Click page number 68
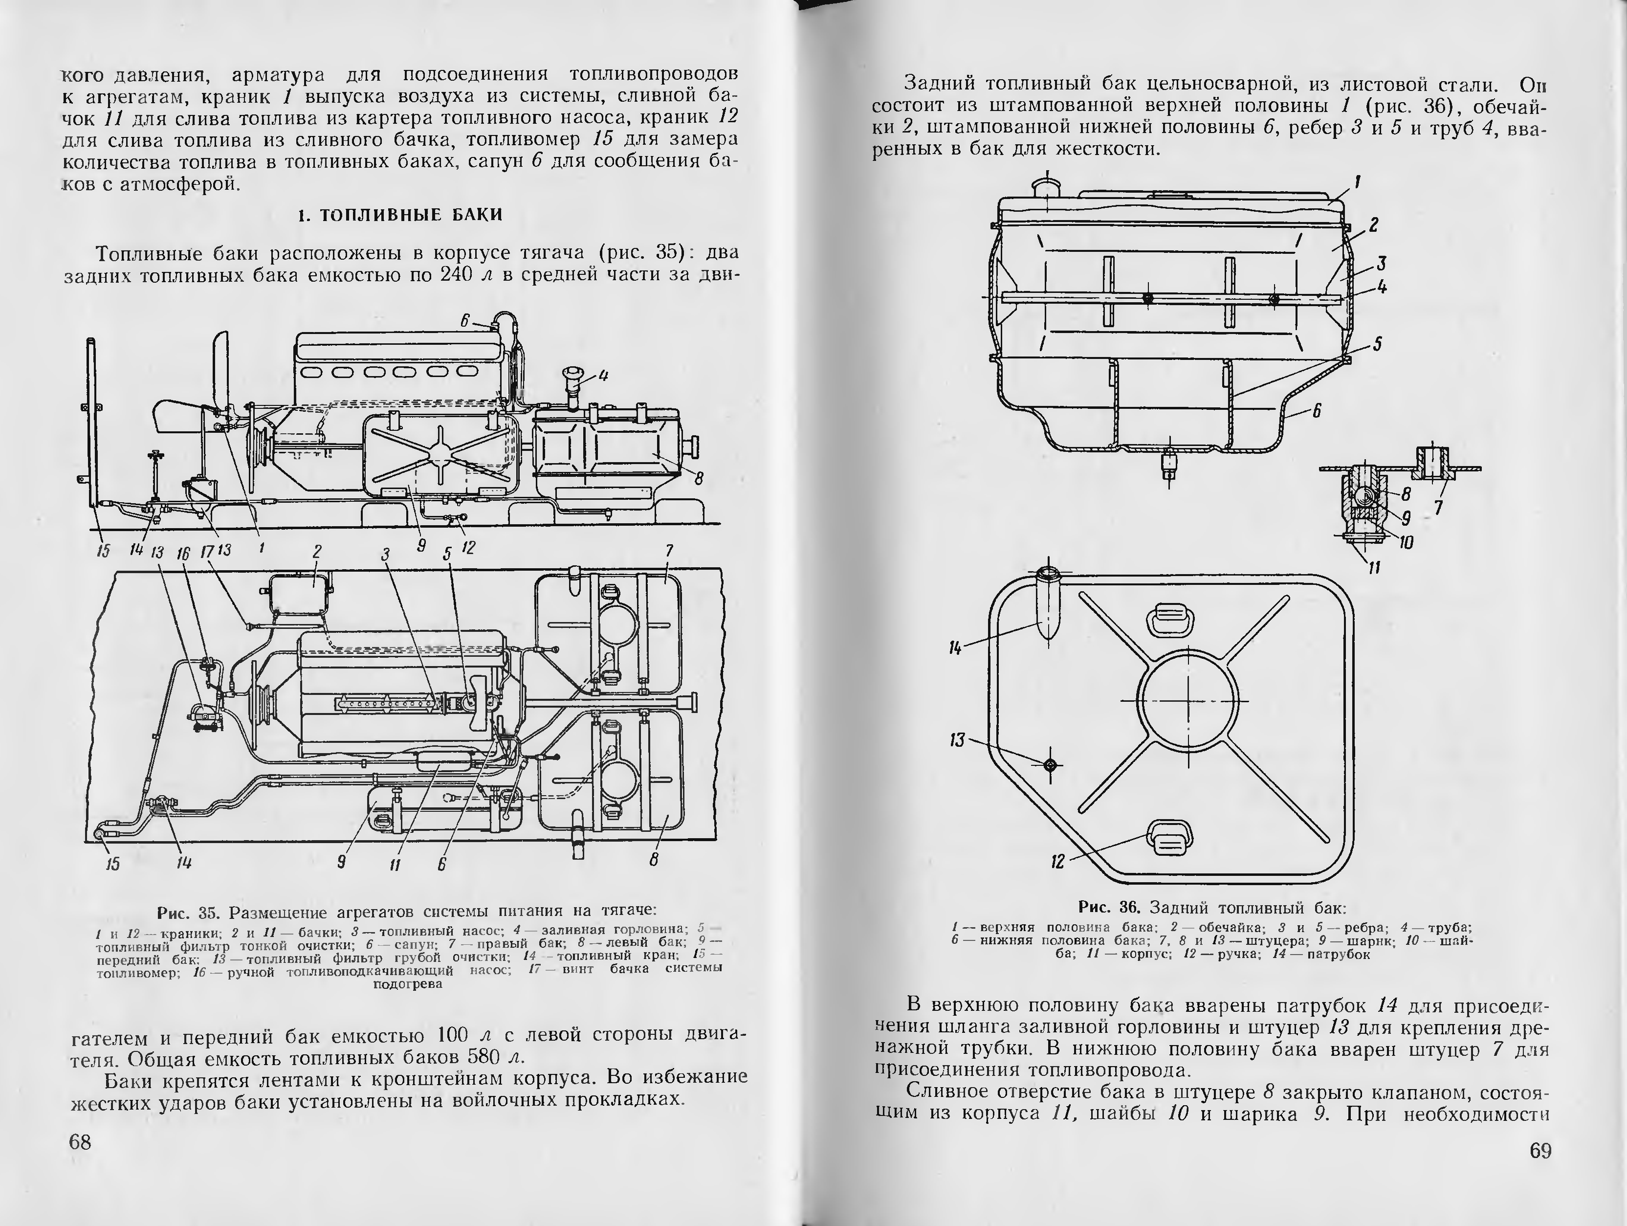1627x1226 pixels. (x=79, y=1142)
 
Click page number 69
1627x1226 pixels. (x=1540, y=1150)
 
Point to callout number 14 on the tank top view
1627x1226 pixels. (x=955, y=648)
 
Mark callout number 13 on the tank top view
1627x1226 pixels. (x=957, y=739)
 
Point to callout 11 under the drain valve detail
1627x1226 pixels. (x=1374, y=567)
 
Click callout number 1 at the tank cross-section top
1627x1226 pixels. (x=1358, y=182)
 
